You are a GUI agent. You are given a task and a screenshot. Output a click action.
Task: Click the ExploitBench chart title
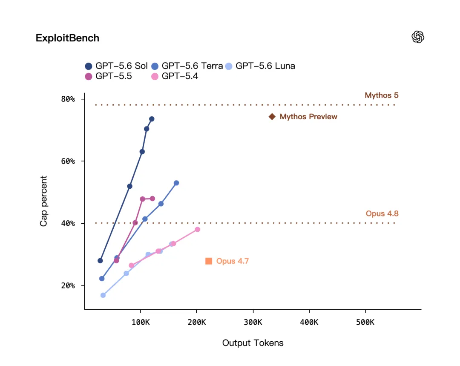pos(67,38)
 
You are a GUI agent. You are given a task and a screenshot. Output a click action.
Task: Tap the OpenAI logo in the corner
pos(418,37)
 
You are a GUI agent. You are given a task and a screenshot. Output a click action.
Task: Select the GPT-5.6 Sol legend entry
pos(116,66)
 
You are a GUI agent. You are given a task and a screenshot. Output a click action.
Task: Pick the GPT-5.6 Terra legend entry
pos(187,66)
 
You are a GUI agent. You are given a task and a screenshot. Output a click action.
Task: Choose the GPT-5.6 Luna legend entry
pos(260,66)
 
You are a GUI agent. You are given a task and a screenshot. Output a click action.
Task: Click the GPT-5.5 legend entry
pos(108,76)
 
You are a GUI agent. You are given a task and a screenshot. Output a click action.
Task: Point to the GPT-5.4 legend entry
pos(175,76)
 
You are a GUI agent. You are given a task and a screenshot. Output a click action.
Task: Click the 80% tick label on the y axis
pos(68,99)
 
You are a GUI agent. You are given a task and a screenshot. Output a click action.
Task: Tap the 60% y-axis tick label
pos(68,161)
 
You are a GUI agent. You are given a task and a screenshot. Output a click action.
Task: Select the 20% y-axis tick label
pos(68,285)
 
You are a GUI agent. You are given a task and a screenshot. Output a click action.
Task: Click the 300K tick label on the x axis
pos(253,322)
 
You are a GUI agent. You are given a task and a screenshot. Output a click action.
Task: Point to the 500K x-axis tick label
pos(365,322)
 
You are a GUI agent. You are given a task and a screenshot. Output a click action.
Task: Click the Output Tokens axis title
pos(253,343)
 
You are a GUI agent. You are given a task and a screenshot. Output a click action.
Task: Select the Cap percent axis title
pos(43,201)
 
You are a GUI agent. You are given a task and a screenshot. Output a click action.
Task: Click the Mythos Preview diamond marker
pos(272,117)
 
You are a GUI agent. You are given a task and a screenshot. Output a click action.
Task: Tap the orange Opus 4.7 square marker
pos(209,261)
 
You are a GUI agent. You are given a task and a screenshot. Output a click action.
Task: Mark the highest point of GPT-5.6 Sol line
pos(152,119)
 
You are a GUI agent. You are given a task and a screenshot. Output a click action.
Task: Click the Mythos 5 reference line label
pos(382,95)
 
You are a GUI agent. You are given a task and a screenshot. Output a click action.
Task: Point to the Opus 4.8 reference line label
pos(382,213)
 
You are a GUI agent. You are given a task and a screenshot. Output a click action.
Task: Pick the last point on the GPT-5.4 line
pos(198,229)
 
